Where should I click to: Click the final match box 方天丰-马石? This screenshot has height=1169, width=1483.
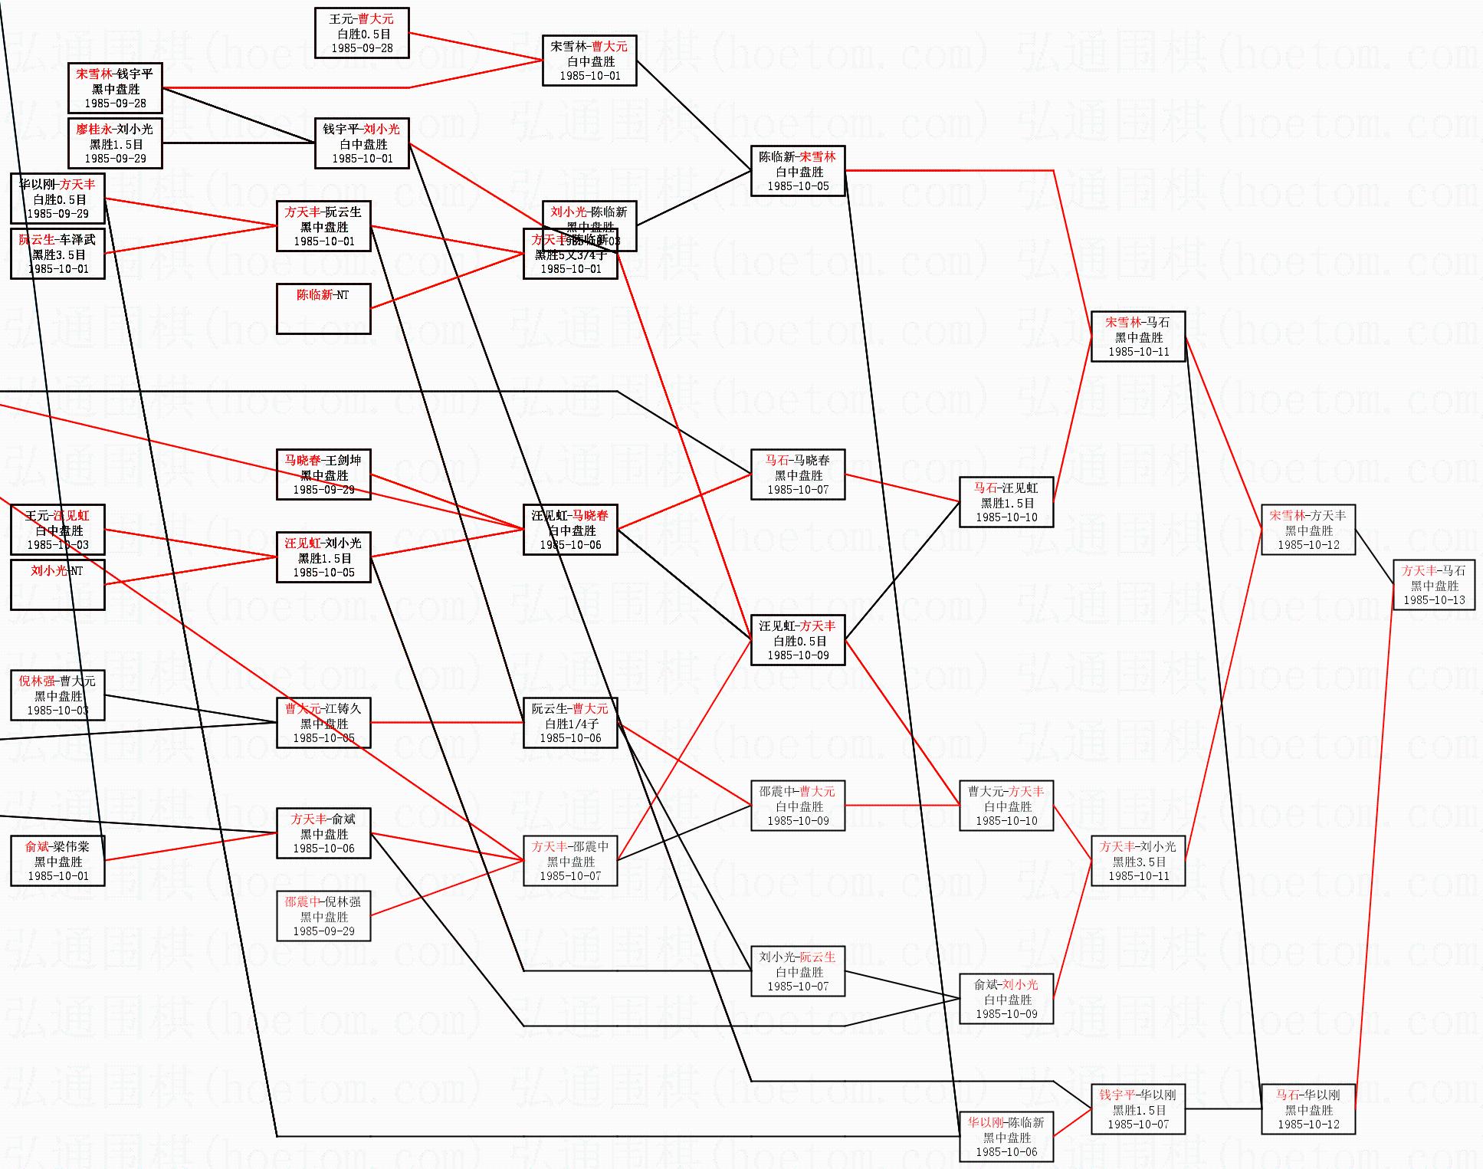1433,585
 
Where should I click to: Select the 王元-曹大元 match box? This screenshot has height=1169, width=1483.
362,33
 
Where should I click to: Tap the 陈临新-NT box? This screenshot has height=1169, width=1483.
323,309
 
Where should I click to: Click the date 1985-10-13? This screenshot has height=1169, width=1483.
1433,600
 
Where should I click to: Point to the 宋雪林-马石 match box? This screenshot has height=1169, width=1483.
1137,337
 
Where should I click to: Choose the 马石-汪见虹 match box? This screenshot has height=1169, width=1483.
1006,502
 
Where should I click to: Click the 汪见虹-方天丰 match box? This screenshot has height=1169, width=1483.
797,640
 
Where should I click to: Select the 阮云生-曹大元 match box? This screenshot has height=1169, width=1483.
569,723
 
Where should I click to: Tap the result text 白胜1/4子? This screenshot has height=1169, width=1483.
571,724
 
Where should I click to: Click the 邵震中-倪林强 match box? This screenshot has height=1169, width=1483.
323,916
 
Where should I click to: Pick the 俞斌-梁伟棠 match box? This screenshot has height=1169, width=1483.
57,861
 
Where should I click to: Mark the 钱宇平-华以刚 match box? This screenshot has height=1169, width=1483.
1137,1109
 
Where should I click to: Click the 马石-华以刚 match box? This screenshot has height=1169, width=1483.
1307,1109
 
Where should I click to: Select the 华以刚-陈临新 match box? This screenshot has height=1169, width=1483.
1006,1137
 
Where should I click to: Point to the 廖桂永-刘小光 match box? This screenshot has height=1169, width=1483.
115,143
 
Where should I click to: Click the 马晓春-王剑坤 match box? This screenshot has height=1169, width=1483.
323,474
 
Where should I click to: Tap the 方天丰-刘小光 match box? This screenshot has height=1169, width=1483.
1137,861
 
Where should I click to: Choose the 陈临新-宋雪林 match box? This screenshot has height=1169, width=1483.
797,171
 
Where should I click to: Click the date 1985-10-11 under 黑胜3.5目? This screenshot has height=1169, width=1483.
1138,876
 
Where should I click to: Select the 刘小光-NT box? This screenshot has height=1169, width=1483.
57,585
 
